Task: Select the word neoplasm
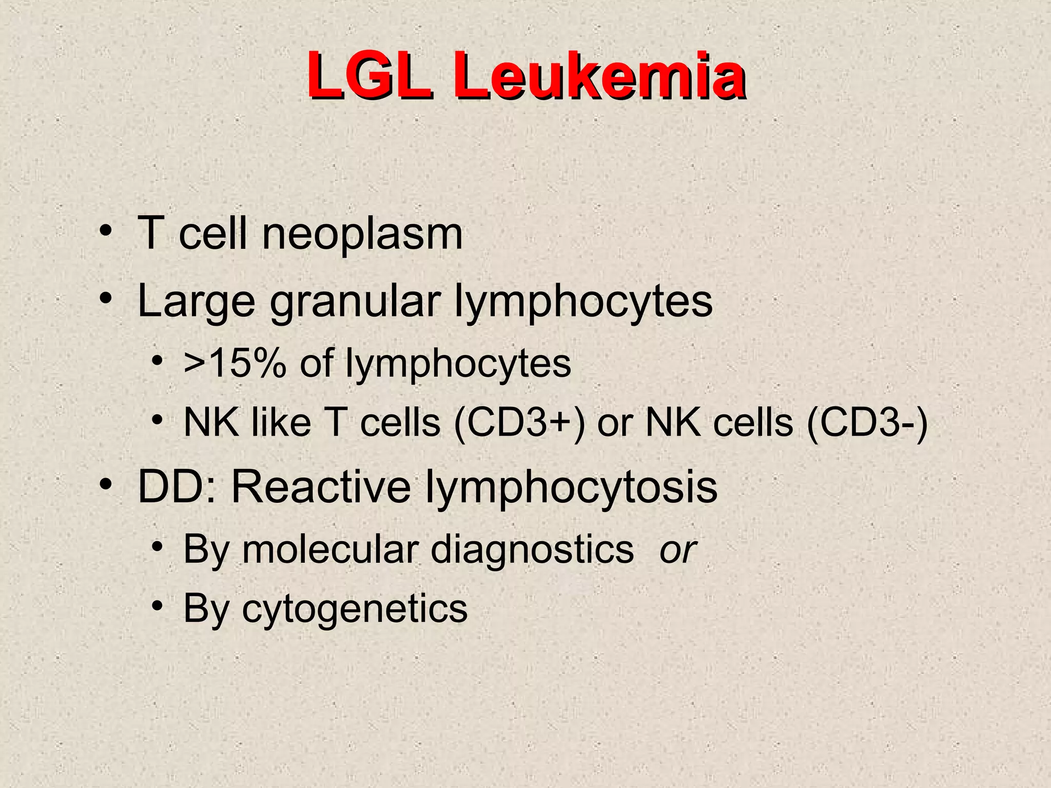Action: coord(362,234)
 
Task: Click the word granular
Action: coord(355,302)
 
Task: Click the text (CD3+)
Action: coord(519,423)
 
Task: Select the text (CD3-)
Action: coord(867,423)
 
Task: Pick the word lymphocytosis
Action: coord(571,487)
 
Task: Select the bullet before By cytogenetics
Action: coord(157,606)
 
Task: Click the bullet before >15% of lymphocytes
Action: coord(157,361)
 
